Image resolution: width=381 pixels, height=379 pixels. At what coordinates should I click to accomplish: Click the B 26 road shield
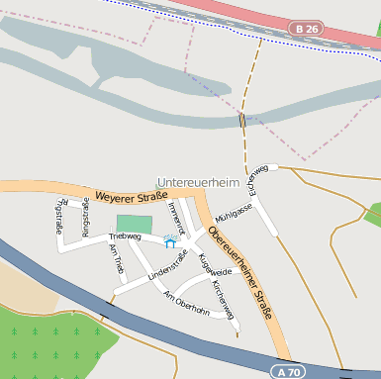(x=307, y=30)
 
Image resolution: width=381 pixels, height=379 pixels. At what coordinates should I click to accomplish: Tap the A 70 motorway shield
(x=287, y=371)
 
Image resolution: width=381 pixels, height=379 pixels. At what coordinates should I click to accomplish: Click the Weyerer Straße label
(x=132, y=198)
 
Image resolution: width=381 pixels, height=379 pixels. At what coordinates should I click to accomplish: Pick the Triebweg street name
(x=125, y=237)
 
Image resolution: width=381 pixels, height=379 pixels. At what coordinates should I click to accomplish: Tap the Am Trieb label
(x=116, y=261)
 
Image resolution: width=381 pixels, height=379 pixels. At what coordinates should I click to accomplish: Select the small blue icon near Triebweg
(x=170, y=241)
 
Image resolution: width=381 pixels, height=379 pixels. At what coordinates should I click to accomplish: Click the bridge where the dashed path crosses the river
(x=241, y=120)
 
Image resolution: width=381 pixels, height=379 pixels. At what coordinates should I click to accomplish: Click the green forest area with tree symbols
(x=49, y=336)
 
